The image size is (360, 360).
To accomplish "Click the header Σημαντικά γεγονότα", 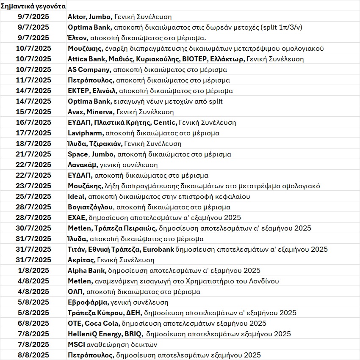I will tap(33, 6).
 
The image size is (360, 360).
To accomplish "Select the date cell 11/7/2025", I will tap(33, 80).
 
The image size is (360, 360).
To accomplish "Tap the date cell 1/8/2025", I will tap(33, 270).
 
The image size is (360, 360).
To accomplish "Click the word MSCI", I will tap(77, 344).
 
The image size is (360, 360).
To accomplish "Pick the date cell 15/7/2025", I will tap(33, 112).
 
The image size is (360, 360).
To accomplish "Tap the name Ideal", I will tap(77, 196).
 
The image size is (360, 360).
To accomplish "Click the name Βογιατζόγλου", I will tap(90, 207).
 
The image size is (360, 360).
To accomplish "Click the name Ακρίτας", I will tap(81, 260).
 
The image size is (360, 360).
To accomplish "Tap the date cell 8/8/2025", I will tap(33, 355).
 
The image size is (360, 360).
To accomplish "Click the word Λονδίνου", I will tap(263, 281).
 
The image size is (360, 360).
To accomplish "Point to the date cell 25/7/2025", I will tap(33, 196).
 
